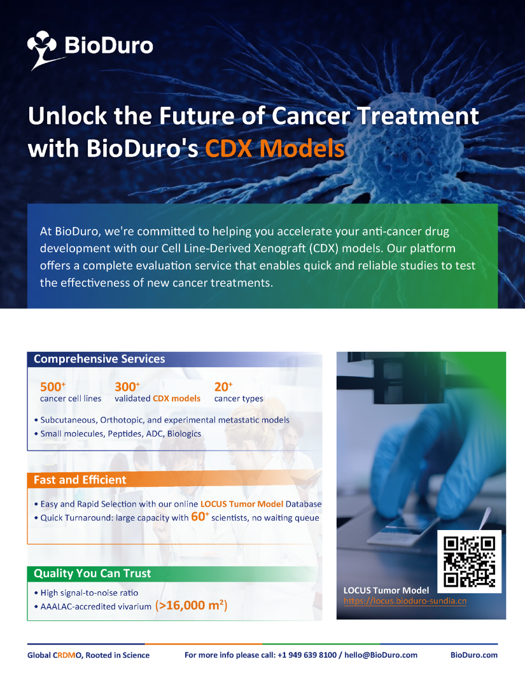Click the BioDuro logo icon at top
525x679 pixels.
[42, 50]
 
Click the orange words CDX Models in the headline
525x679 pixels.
[275, 148]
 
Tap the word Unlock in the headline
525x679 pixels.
[67, 116]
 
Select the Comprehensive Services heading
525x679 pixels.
[99, 358]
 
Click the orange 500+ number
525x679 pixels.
[53, 386]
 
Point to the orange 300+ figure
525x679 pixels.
[127, 386]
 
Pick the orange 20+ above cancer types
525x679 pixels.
[223, 386]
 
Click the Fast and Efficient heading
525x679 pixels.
[80, 480]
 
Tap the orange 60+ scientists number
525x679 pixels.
[200, 516]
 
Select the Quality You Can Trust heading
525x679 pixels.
[92, 573]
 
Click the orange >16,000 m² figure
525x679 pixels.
[191, 605]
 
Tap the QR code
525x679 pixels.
[469, 562]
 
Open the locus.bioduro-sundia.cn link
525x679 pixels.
[405, 601]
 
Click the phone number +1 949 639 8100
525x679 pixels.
[307, 655]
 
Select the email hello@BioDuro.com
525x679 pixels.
[381, 655]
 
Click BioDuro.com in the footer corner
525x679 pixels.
[474, 655]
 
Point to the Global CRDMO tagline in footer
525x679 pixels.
[88, 655]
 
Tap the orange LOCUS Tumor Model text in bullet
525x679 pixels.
[242, 503]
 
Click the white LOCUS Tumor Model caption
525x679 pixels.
[386, 591]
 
